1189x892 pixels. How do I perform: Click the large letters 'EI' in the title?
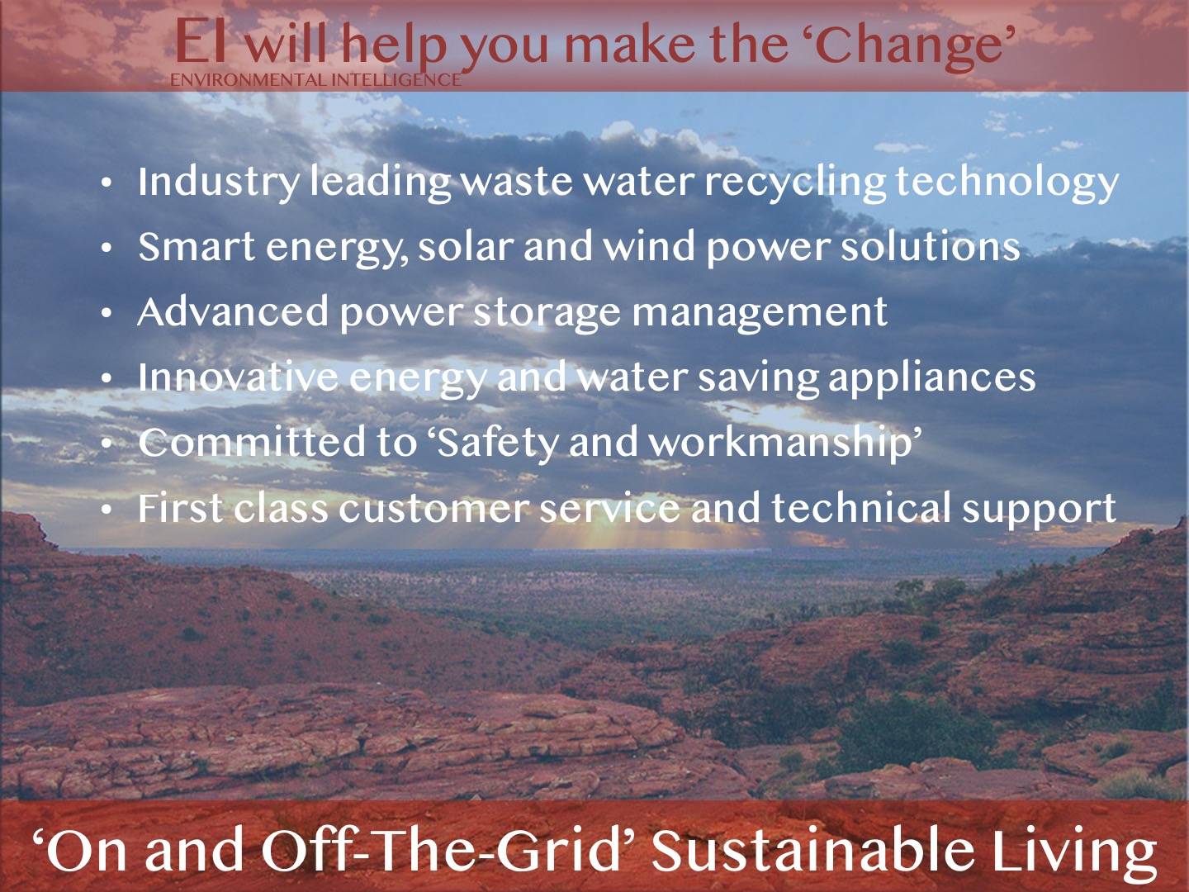click(x=200, y=41)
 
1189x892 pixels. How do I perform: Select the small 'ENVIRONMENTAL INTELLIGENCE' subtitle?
click(x=315, y=80)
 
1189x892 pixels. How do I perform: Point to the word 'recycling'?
click(x=794, y=183)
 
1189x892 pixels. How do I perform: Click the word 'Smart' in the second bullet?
click(x=197, y=246)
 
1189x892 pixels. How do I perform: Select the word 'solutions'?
click(x=930, y=246)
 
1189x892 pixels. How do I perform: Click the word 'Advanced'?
click(x=233, y=311)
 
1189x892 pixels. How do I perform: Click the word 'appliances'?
click(x=931, y=379)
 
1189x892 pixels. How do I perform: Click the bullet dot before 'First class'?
click(x=107, y=510)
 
